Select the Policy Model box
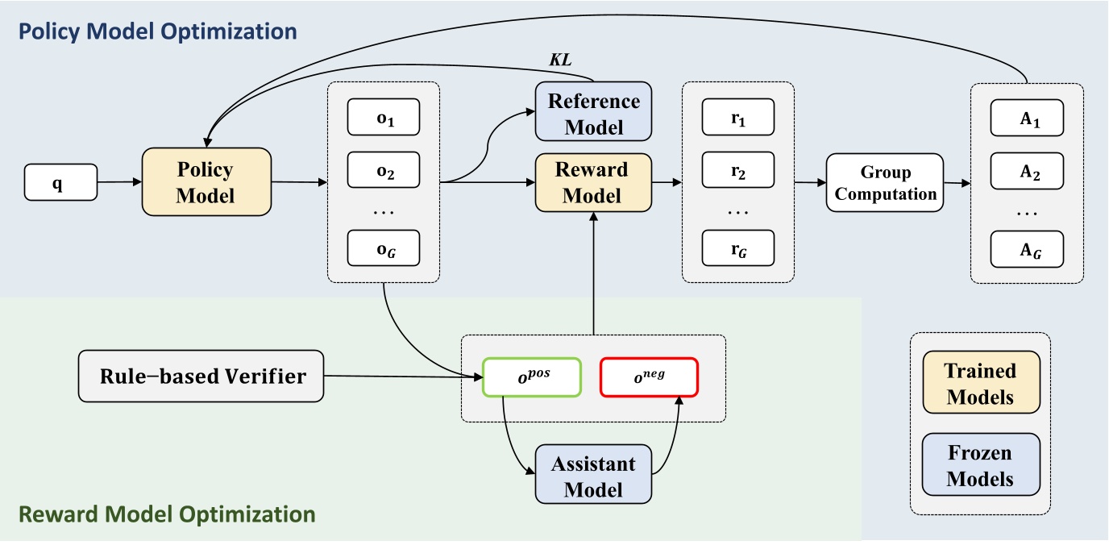tap(206, 181)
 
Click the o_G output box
tap(383, 248)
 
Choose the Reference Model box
tap(593, 114)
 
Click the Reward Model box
tap(593, 183)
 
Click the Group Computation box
tap(885, 183)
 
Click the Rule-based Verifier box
tap(201, 375)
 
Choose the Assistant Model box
tap(593, 476)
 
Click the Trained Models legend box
tap(980, 383)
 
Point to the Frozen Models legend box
tap(980, 465)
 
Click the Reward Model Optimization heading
tap(166, 514)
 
